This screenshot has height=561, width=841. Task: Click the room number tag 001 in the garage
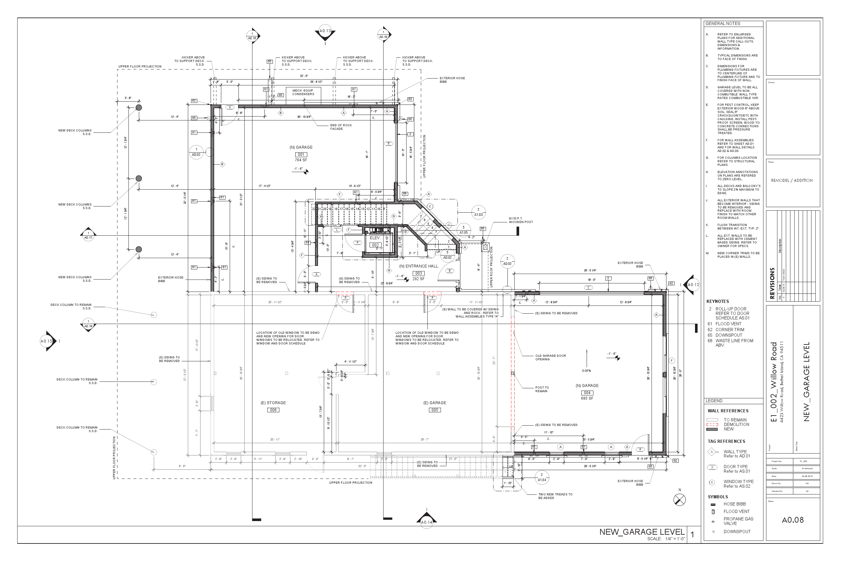tap(301, 155)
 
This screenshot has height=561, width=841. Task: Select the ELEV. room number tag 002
tap(375, 245)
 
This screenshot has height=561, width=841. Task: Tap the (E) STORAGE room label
tap(273, 403)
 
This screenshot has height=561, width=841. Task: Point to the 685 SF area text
tap(587, 398)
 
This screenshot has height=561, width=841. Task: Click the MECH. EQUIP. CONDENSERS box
tap(303, 92)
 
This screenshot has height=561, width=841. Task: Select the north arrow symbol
tap(679, 499)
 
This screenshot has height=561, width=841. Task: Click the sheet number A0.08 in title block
tap(792, 520)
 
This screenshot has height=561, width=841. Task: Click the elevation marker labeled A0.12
tap(693, 285)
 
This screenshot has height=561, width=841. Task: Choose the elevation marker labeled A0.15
tap(47, 341)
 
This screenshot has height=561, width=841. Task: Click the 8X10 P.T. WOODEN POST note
tap(521, 220)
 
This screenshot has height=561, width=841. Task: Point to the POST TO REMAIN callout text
tap(542, 389)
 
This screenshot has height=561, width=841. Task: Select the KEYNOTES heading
tap(717, 301)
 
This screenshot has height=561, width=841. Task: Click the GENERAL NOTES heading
tap(723, 24)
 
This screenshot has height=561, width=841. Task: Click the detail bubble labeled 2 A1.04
tap(542, 477)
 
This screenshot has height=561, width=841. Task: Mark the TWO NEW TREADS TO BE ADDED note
tap(555, 496)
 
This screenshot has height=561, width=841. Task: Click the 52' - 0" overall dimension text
tap(362, 466)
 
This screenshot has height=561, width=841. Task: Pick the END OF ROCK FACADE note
tap(340, 127)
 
